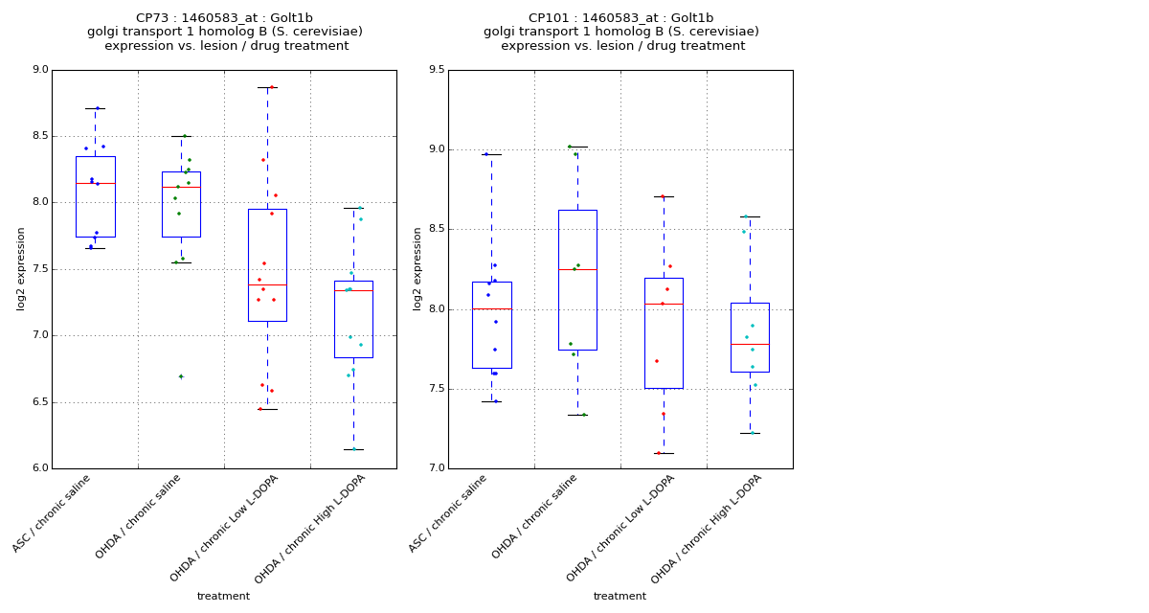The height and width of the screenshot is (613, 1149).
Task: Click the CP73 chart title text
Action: (224, 18)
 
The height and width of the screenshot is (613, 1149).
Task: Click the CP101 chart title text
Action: (620, 18)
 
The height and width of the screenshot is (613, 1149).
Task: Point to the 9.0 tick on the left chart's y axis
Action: (40, 70)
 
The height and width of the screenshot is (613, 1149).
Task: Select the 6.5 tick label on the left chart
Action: (40, 402)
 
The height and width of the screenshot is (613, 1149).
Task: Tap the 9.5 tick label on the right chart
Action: (437, 70)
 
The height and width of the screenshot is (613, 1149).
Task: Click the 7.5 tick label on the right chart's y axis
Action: (437, 389)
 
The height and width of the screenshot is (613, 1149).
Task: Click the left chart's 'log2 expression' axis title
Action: (21, 268)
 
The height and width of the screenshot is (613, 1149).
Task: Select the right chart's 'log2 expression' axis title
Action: (417, 268)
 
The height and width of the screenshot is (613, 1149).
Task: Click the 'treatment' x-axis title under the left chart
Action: (223, 597)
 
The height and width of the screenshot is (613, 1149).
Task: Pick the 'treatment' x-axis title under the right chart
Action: (620, 597)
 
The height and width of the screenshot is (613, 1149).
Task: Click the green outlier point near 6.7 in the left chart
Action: (181, 376)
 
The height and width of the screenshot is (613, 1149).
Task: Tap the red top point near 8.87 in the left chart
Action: (271, 87)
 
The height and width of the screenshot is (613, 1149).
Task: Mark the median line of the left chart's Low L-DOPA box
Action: (267, 284)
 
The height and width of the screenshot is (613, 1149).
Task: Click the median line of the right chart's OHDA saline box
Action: (577, 269)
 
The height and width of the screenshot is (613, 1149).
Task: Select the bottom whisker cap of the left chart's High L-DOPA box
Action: (353, 449)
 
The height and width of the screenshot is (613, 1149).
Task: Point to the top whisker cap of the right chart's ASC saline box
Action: (491, 154)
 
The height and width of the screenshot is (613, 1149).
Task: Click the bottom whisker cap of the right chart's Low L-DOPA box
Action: (664, 453)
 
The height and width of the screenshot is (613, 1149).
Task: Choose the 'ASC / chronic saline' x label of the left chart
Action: (53, 513)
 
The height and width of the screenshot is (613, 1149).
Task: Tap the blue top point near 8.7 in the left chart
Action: (97, 108)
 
